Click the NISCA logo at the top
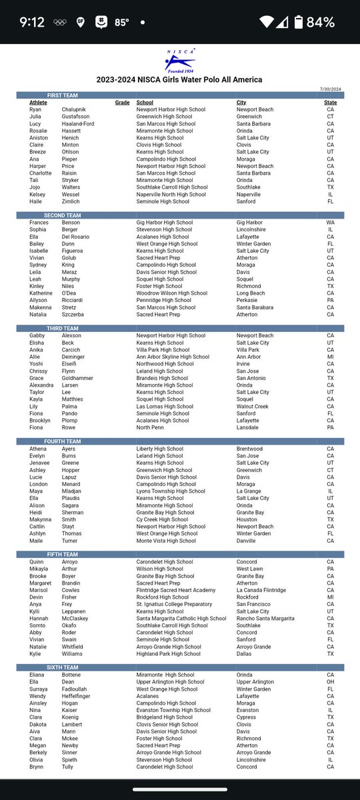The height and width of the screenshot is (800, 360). pos(178,61)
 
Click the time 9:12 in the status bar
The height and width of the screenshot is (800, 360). pos(32,22)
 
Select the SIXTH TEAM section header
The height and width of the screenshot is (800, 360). pos(63,667)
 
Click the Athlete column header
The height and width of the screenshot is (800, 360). pos(38,103)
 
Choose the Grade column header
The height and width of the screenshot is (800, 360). pos(121,103)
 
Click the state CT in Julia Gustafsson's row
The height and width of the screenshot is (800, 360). pos(330,117)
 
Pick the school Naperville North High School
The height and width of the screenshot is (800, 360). pos(172,194)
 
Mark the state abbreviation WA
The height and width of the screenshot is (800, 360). pos(330,223)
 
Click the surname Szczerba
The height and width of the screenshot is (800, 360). pos(59,315)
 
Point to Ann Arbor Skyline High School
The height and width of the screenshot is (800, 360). pos(173,357)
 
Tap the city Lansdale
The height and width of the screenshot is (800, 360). pos(249,427)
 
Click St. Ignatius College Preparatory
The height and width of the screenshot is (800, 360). pos(177,604)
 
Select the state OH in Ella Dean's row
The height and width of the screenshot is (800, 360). pos(330,682)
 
